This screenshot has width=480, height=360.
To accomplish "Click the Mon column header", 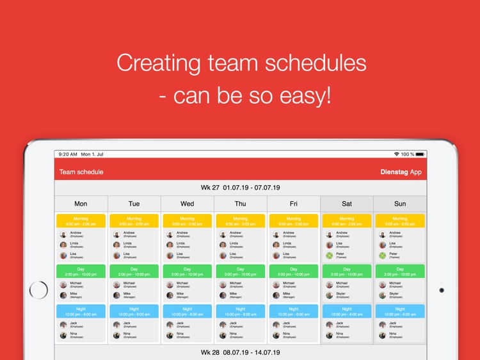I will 81,204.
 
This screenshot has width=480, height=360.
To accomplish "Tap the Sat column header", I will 346,204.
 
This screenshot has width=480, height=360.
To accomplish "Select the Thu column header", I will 240,204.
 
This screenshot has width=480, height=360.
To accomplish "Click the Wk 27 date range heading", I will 240,188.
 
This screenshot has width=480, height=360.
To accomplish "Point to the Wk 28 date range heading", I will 240,352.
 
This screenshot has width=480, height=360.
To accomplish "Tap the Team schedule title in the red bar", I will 81,172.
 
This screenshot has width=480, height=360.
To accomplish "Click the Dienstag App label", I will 401,172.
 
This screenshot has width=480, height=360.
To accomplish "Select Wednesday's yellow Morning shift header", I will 187,221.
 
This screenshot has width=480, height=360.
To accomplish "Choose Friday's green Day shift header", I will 293,272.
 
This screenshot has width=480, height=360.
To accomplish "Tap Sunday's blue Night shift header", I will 399,311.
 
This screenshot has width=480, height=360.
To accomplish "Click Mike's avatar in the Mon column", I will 63,295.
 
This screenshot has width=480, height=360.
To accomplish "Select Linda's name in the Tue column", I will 127,243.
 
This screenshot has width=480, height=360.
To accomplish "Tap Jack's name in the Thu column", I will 234,323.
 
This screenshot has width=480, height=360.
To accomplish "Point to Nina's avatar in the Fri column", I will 276,335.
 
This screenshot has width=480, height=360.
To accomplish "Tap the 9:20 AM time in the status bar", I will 67,154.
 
